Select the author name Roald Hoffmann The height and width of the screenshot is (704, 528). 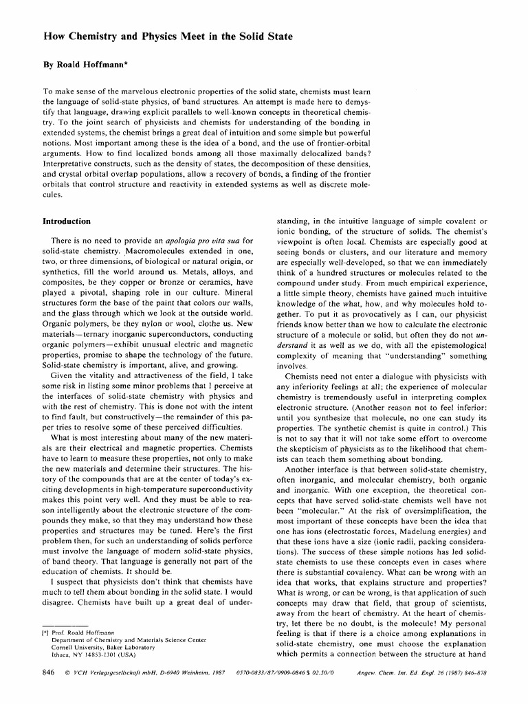[x=88, y=69]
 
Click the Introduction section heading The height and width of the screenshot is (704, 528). [x=67, y=221]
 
